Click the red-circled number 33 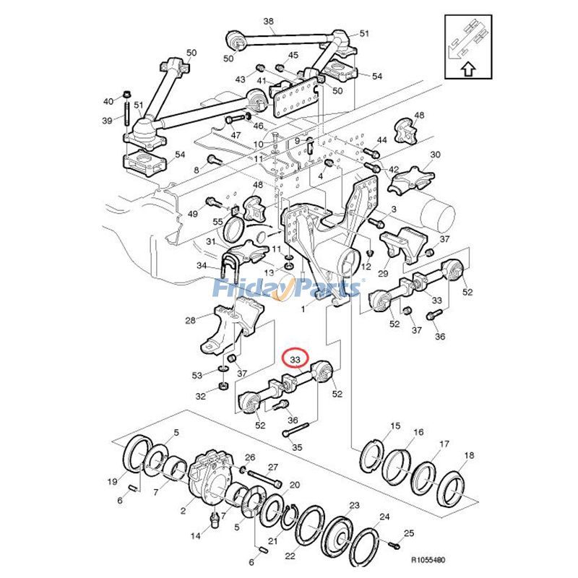[295, 359]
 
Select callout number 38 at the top [268, 22]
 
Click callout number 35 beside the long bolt [297, 448]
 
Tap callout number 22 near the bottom [290, 556]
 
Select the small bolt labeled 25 [394, 543]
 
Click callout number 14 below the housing [196, 536]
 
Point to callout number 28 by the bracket [191, 321]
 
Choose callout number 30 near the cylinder [435, 155]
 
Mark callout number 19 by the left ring [113, 481]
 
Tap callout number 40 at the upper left [108, 101]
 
